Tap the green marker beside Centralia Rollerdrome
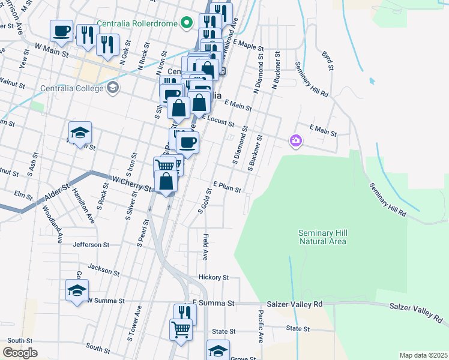tap(187, 23)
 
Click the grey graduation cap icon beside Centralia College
tap(112, 89)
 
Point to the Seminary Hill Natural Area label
tap(323, 237)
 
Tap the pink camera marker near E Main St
tap(295, 141)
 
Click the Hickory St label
tap(214, 277)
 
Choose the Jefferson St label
tap(91, 245)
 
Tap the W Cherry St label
tap(131, 184)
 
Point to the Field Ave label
tap(205, 247)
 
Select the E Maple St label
tap(249, 45)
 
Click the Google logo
tap(20, 353)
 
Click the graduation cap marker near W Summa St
tap(77, 291)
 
